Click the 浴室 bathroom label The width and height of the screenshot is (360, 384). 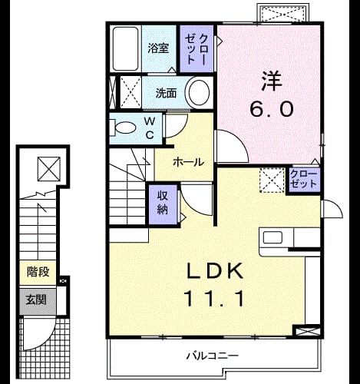pos(158,48)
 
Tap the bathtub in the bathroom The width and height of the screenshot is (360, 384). pos(126,48)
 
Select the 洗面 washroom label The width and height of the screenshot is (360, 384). pos(166,93)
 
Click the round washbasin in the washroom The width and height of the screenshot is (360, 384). pos(199,92)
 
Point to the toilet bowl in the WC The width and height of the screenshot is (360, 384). pos(124,127)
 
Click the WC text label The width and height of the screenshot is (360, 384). pos(150,128)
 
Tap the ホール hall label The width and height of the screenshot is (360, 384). pos(189,162)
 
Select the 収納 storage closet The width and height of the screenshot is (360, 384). pos(163,203)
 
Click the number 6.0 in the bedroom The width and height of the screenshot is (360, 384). pos(271,108)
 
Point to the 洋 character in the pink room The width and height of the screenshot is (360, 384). pos(272,81)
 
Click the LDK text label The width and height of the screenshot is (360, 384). pos(215,271)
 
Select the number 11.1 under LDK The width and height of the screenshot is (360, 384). pos(214,299)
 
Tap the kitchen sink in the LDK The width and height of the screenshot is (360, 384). pos(272,237)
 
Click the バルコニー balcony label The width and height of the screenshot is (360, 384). pos(213,356)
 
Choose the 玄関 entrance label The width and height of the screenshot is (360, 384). pos(36,300)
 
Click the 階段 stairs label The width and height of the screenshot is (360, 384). pos(38,272)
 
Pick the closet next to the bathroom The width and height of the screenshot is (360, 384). pos(197,48)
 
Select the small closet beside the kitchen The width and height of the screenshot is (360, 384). pos(303,180)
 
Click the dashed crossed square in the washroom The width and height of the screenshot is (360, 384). pos(130,92)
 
